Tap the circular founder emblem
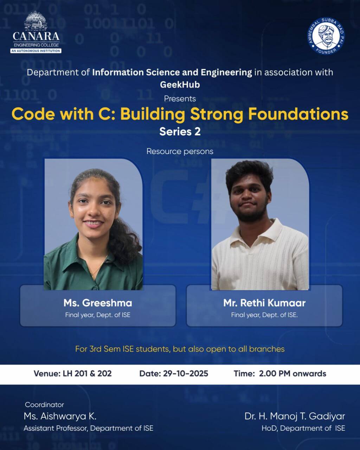click(x=326, y=36)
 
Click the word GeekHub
click(x=180, y=85)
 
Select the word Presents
click(x=180, y=99)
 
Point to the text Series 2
click(x=180, y=132)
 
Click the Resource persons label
click(x=180, y=151)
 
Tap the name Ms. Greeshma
click(x=98, y=303)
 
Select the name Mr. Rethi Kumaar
click(x=264, y=303)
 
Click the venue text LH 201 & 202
click(x=87, y=373)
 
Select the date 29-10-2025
click(x=186, y=373)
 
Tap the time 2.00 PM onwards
click(x=292, y=373)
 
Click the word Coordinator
click(x=44, y=405)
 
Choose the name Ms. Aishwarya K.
click(x=60, y=416)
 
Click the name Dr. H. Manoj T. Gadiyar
click(x=295, y=416)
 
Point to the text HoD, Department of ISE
click(x=303, y=428)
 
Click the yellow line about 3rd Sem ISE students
click(x=180, y=349)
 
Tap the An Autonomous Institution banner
click(x=36, y=51)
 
